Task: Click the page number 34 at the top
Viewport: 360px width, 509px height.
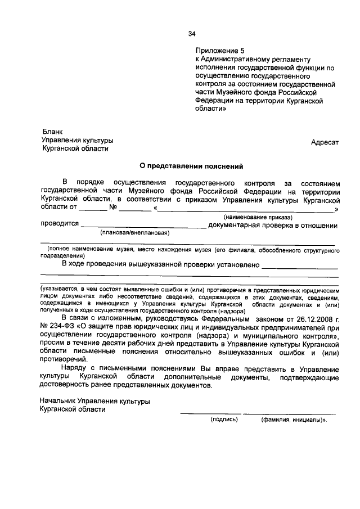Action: [192, 34]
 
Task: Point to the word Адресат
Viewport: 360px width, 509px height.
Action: [325, 142]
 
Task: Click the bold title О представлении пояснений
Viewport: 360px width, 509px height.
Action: [191, 166]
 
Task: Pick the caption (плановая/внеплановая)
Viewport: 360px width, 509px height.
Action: [134, 232]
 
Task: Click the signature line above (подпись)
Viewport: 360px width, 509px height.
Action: [208, 413]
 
